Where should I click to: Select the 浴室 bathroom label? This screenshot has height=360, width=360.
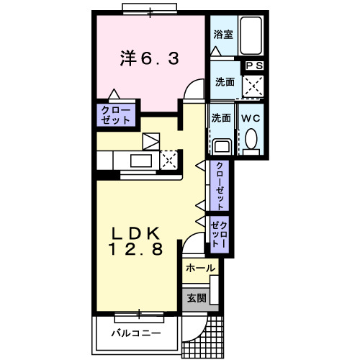(222, 33)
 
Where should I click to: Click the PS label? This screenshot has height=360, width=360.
(254, 66)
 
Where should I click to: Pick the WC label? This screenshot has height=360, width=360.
(251, 117)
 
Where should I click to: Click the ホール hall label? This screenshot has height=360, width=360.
(199, 268)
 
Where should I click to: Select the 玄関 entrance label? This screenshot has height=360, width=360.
(197, 297)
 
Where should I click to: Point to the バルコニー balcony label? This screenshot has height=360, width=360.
(135, 333)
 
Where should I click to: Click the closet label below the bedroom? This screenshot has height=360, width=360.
(115, 115)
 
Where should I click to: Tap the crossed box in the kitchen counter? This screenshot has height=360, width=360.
(168, 158)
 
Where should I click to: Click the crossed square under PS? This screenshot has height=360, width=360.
(254, 86)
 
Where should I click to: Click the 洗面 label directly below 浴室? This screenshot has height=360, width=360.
(224, 82)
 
